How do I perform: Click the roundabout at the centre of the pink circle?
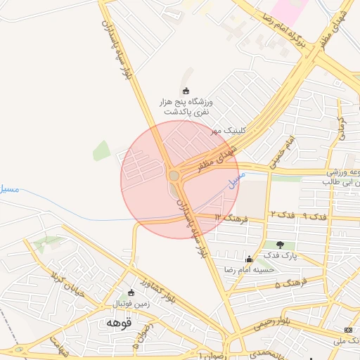[x=174, y=175]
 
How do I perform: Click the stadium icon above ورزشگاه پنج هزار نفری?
[x=186, y=90]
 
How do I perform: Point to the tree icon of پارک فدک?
[x=281, y=245]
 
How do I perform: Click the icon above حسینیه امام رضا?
[x=248, y=259]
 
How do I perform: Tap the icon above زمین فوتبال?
[x=131, y=292]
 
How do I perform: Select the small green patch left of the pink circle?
[x=102, y=150]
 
